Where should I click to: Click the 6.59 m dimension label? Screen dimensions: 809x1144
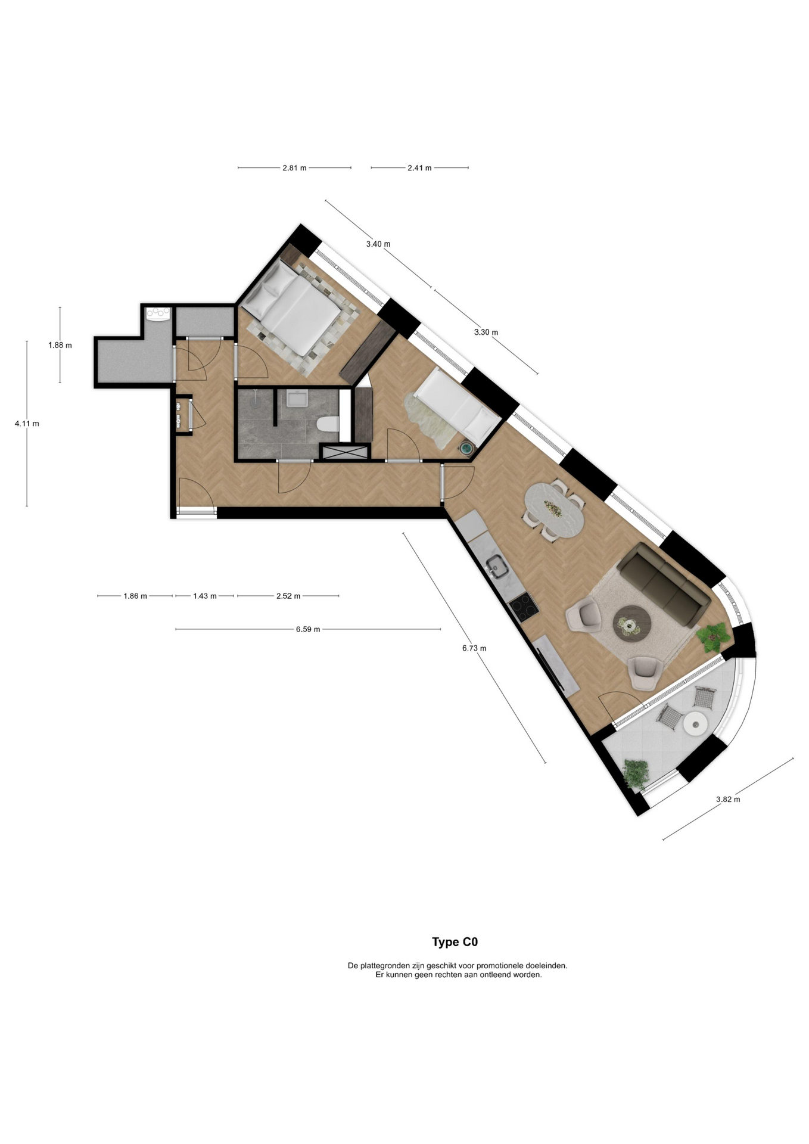pos(308,629)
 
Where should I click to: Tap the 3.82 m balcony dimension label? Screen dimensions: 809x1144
pos(728,799)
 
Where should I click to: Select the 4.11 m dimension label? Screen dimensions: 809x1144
pos(27,424)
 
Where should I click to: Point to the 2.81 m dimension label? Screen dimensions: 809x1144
pos(294,168)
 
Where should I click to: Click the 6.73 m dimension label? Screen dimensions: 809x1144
pos(474,648)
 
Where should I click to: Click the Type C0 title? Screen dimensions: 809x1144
pos(455,942)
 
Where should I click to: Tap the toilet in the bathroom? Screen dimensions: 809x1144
pos(327,424)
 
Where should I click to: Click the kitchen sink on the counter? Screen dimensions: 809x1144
pos(496,567)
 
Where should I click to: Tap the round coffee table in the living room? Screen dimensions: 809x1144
pos(632,623)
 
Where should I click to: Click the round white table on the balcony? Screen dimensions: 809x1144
pos(695,723)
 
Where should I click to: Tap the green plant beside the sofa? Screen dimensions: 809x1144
pos(714,638)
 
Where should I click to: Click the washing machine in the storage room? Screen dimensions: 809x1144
pos(158,313)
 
